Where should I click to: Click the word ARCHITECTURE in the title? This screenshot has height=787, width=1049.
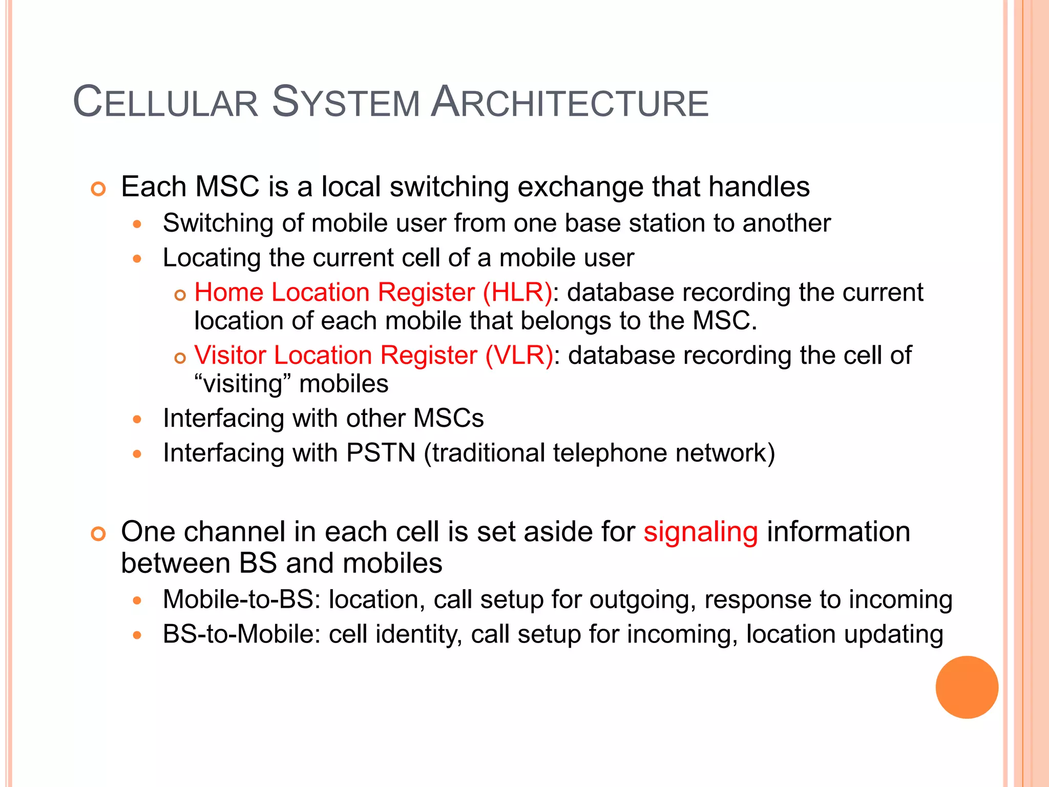[570, 102]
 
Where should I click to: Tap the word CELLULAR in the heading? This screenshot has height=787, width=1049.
[165, 102]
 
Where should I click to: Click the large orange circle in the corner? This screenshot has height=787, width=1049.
[967, 687]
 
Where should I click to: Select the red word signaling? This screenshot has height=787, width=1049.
[700, 532]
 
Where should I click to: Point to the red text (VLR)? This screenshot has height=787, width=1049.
[519, 356]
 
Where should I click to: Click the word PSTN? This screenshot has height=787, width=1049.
[381, 453]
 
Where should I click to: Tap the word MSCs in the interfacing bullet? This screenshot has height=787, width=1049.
[448, 418]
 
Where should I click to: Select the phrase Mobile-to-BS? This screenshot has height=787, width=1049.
[238, 599]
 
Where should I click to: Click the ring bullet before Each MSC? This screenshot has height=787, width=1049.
[98, 189]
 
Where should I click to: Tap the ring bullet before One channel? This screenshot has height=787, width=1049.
[98, 534]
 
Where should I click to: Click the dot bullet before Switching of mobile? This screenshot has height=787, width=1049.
[136, 224]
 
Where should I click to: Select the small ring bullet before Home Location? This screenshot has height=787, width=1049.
[179, 295]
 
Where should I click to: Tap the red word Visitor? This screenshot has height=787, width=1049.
[231, 356]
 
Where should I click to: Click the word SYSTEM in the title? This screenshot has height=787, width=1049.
[346, 102]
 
